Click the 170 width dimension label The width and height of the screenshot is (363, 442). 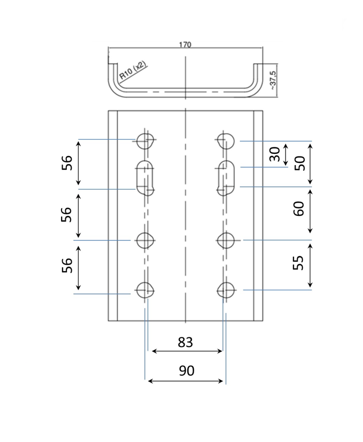click(x=185, y=45)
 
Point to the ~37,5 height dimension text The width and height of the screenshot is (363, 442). click(x=273, y=80)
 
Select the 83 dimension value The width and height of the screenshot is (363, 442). click(x=185, y=342)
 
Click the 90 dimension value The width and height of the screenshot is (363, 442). click(x=186, y=371)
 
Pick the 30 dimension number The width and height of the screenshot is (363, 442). click(x=274, y=154)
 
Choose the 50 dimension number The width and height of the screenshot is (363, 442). click(x=301, y=163)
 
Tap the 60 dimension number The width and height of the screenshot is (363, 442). click(x=299, y=209)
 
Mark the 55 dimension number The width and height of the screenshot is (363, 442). click(x=299, y=263)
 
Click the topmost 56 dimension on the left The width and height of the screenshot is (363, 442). click(x=67, y=163)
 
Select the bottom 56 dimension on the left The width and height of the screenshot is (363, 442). click(x=67, y=265)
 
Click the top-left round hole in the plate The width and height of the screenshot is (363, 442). click(x=145, y=141)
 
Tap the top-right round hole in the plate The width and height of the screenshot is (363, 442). click(x=226, y=141)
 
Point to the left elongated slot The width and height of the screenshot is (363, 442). click(x=145, y=176)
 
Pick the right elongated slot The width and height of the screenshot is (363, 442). click(x=226, y=177)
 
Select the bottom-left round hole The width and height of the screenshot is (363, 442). click(x=145, y=290)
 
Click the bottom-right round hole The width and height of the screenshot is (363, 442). click(x=226, y=290)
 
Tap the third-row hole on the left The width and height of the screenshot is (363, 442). click(x=145, y=240)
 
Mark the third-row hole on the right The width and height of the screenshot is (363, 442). click(x=226, y=240)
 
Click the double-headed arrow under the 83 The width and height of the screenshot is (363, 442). click(x=187, y=351)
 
